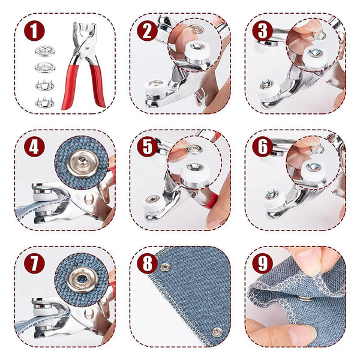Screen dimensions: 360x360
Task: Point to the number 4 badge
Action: pyautogui.click(x=35, y=146)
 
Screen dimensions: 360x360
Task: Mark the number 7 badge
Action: pyautogui.click(x=35, y=262)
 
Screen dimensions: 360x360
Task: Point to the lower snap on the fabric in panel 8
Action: pyautogui.click(x=215, y=332)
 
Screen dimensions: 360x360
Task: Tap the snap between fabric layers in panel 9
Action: pyautogui.click(x=305, y=296)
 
